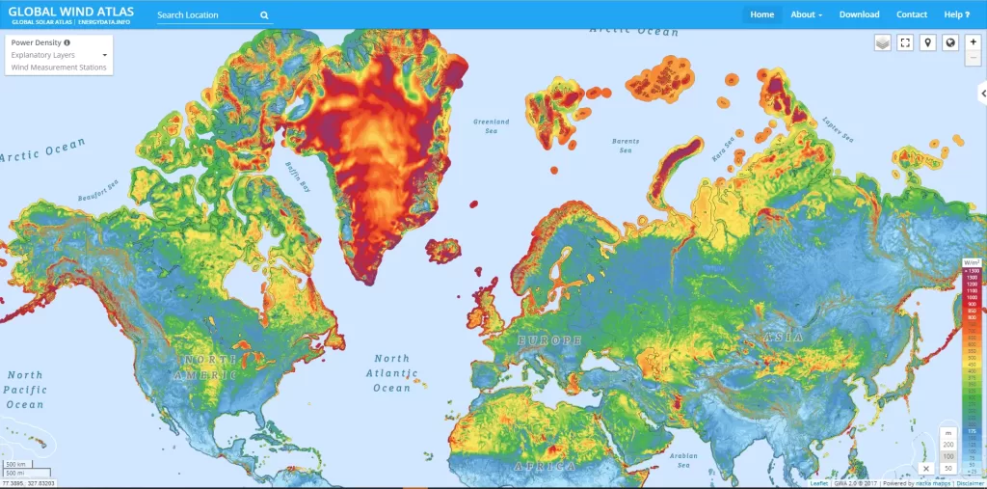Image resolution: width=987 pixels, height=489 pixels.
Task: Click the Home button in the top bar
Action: coord(761,14)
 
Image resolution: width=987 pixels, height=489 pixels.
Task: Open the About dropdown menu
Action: coord(806,14)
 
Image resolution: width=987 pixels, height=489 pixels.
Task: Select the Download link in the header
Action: coord(859,14)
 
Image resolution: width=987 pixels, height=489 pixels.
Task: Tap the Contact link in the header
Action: coord(912,14)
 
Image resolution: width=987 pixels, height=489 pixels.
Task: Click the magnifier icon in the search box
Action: coord(264,15)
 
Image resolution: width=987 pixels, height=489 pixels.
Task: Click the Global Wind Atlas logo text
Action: coord(71,12)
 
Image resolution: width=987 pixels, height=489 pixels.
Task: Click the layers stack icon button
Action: coord(883,42)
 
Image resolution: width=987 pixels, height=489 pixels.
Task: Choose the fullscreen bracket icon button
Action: coord(905,42)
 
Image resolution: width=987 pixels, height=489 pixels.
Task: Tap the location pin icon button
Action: coord(927,42)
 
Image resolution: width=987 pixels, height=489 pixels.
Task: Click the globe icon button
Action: coord(950,42)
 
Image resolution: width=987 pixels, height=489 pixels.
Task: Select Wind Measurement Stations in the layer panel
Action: coord(59,68)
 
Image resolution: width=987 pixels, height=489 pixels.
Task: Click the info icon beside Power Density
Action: coord(67,43)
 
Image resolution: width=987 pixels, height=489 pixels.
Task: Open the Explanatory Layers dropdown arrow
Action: coord(104,56)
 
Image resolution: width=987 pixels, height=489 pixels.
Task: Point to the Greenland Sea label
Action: coord(491,125)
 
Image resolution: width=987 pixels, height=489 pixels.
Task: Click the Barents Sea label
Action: coord(625,146)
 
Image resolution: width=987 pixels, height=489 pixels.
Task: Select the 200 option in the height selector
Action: coord(947,444)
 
